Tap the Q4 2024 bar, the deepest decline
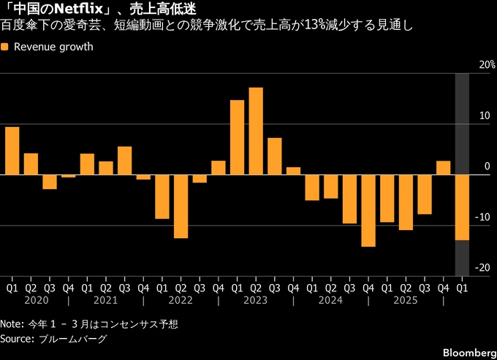coord(368,210)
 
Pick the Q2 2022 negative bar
coord(181,206)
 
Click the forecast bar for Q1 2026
coord(462,207)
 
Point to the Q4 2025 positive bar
coord(443,168)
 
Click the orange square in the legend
coord(5,47)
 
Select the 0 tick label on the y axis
coord(485,166)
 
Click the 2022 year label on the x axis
coord(180,299)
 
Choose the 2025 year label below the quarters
coord(406,299)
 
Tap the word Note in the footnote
coord(11,323)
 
